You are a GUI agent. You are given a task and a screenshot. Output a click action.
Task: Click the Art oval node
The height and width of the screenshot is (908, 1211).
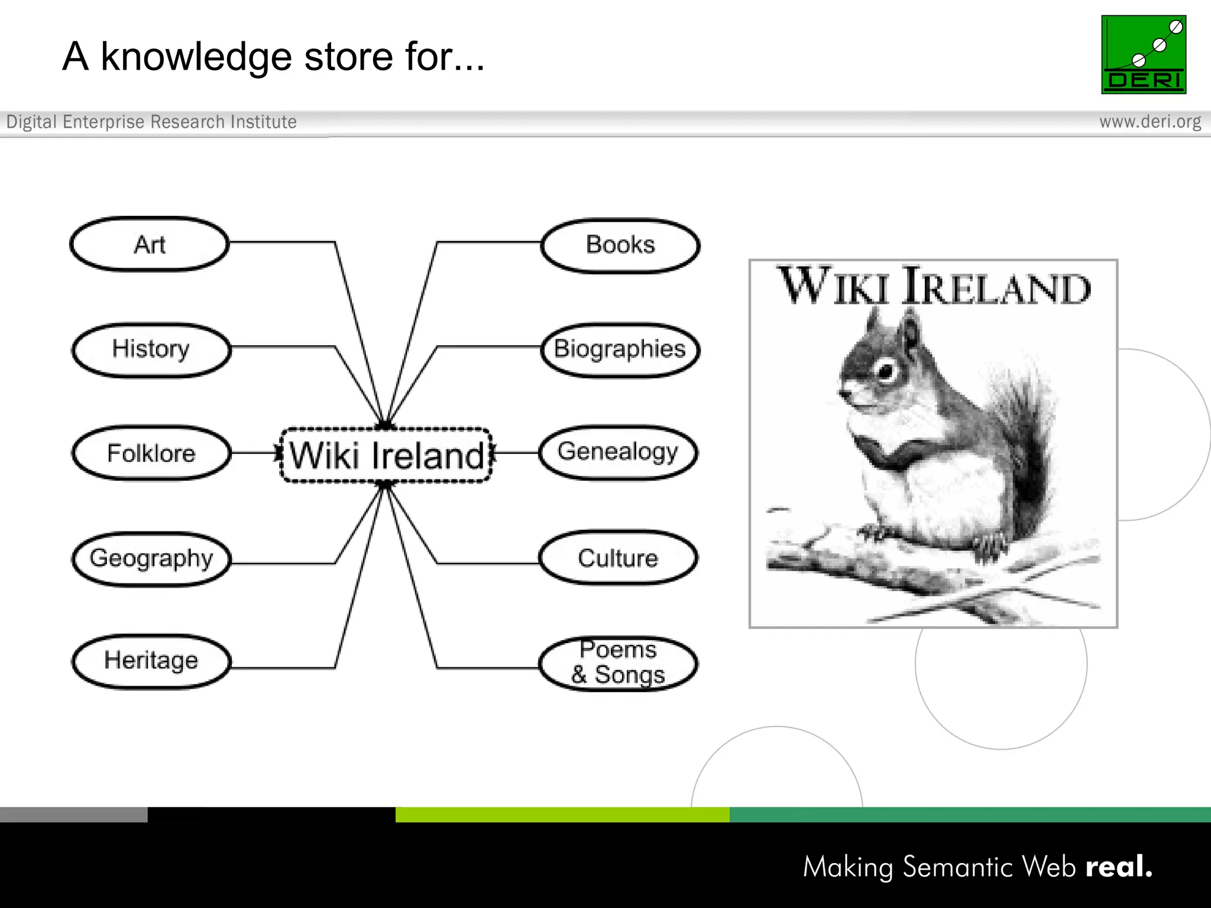(x=150, y=244)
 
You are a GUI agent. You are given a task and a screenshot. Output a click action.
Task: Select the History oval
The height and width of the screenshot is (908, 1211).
(x=151, y=349)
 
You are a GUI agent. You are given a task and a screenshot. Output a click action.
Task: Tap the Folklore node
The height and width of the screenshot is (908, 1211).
(x=151, y=453)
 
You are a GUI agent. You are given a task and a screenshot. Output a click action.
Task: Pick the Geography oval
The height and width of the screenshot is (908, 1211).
(x=151, y=559)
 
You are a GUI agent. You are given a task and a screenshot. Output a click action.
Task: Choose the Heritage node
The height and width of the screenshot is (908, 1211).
(x=151, y=661)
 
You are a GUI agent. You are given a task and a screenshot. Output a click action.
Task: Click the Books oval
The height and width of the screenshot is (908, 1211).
(x=620, y=245)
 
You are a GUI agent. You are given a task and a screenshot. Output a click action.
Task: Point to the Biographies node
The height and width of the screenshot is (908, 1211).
(x=620, y=349)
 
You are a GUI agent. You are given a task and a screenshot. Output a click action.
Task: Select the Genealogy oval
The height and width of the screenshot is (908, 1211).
(x=619, y=452)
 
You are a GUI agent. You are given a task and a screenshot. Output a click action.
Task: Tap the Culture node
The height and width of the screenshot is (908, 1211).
(x=619, y=558)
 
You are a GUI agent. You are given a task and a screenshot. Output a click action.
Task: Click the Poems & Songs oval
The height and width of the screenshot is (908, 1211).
(x=619, y=663)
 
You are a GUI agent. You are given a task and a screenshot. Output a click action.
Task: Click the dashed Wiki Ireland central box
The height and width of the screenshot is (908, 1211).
(x=387, y=455)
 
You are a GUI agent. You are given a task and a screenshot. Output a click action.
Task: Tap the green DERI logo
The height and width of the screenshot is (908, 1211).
(x=1144, y=54)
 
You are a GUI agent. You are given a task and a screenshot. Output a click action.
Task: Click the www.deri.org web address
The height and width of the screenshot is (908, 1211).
(x=1150, y=122)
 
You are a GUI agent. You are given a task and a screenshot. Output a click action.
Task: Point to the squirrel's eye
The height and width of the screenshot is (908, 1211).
(x=886, y=371)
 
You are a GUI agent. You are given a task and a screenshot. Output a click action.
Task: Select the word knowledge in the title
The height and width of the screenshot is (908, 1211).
(x=196, y=57)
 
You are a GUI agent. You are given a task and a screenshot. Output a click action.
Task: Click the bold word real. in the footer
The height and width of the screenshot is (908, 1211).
(x=1119, y=867)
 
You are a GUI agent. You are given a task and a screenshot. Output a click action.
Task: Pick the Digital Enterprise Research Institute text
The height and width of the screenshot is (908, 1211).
(x=151, y=122)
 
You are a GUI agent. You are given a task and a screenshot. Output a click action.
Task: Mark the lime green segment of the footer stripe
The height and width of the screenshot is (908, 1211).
(x=562, y=815)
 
